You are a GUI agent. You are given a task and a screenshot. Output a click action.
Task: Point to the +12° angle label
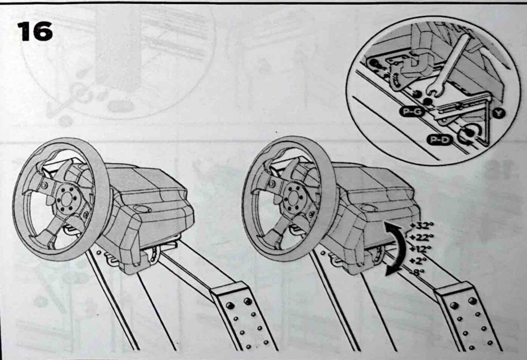(420, 249)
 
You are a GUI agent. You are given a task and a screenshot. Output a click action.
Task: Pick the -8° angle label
(417, 272)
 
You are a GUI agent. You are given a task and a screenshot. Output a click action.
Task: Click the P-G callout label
(412, 112)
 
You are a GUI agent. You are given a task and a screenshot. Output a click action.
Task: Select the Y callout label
(499, 113)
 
